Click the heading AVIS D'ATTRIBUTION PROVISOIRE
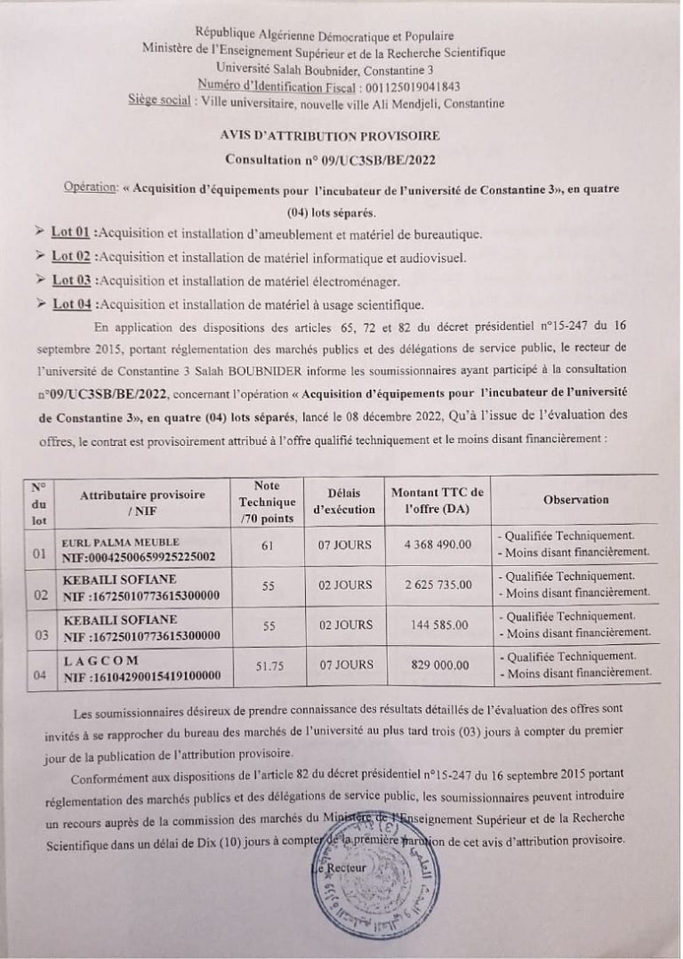coord(329,137)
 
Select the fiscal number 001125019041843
coord(413,86)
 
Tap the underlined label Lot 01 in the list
coord(71,234)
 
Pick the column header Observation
coord(575,500)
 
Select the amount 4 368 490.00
coord(438,545)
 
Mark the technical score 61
coord(268,545)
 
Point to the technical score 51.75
coord(267,665)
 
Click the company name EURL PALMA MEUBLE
coord(121,541)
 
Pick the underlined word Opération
coord(92,189)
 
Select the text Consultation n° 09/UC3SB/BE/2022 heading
coord(329,161)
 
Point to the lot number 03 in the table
coord(38,634)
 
